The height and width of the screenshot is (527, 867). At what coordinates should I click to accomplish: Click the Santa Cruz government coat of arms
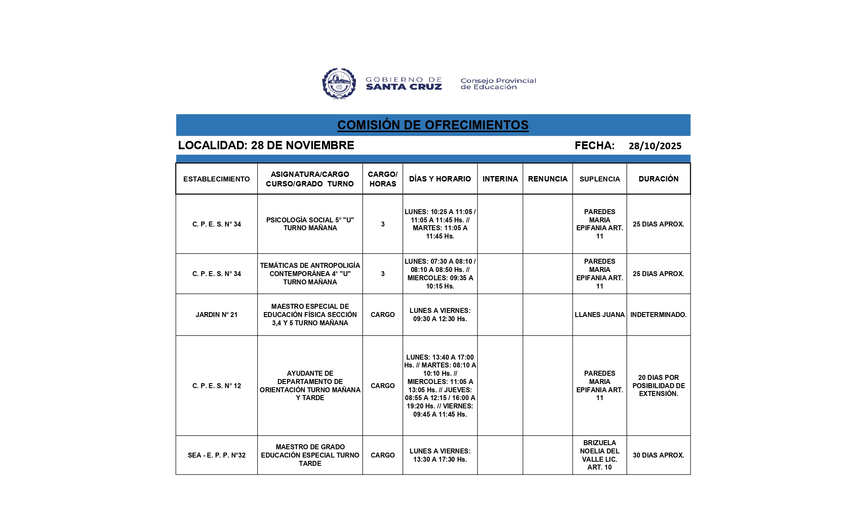click(x=339, y=83)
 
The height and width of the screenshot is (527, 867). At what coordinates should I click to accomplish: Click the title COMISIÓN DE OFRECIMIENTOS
click(x=433, y=125)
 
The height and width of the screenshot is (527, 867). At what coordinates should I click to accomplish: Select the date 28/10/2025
click(x=655, y=146)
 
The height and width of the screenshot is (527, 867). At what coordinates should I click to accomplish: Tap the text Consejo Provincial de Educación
click(x=498, y=83)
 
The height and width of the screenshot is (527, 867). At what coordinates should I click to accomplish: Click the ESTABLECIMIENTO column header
click(x=216, y=179)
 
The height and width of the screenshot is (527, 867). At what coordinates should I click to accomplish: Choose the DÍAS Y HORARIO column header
click(x=440, y=179)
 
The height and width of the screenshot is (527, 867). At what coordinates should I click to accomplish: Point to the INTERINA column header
click(x=500, y=179)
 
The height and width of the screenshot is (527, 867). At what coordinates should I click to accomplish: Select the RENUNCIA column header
click(x=547, y=179)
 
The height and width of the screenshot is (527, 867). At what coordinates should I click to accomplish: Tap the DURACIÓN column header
click(x=659, y=179)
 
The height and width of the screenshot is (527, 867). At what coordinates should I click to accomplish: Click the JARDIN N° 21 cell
click(x=216, y=315)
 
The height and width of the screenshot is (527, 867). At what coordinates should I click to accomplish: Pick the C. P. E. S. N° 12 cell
click(x=216, y=386)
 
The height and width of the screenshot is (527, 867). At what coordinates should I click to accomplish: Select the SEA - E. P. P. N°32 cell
click(x=216, y=455)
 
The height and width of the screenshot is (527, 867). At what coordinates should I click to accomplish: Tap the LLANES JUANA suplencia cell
click(x=599, y=315)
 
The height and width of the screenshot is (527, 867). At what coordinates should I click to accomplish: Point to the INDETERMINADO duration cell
click(x=659, y=315)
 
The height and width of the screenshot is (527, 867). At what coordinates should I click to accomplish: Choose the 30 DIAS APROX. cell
click(x=659, y=455)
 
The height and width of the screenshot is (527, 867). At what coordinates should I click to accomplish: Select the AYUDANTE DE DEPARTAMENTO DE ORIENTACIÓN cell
click(x=310, y=386)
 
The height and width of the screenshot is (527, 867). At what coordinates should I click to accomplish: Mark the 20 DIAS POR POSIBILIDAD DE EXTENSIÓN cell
click(x=659, y=386)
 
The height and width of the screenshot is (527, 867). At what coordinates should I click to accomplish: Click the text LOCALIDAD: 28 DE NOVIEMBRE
click(x=266, y=145)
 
